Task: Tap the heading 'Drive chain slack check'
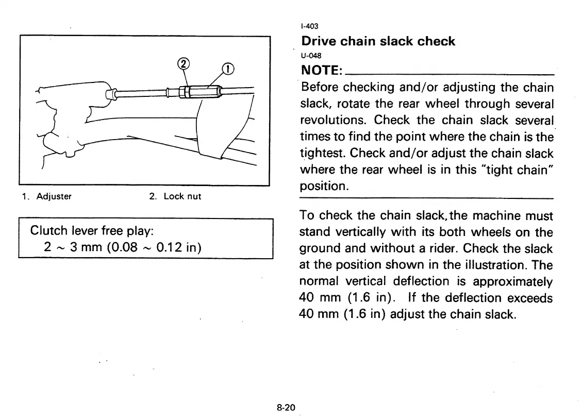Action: (x=378, y=41)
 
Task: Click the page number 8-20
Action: (x=285, y=408)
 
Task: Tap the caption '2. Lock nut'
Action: (x=175, y=196)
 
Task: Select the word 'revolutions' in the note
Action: (x=334, y=120)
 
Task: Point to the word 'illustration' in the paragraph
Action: (x=495, y=265)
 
